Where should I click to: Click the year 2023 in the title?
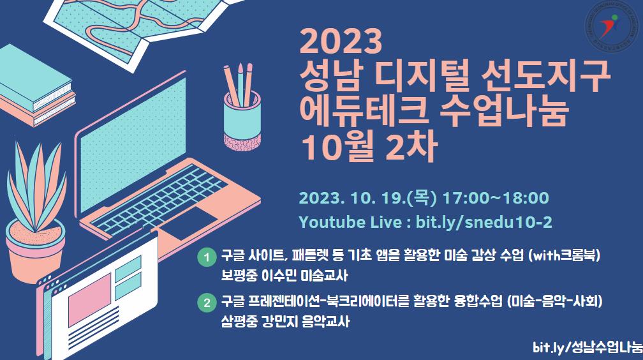[x=341, y=43]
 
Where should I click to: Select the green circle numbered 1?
[x=206, y=259]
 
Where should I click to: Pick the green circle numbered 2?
[x=206, y=301]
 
